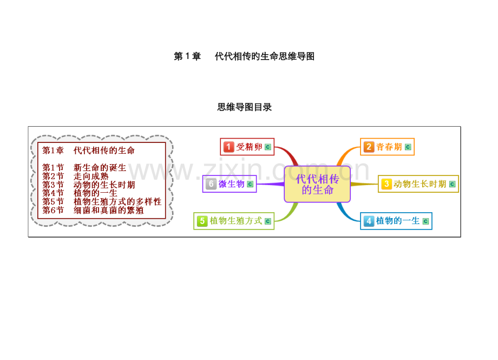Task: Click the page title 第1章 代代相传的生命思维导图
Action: (x=244, y=56)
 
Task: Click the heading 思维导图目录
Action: (x=245, y=107)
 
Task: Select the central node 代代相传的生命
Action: (x=317, y=184)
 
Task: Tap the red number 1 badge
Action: (x=228, y=147)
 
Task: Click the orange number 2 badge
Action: (x=369, y=147)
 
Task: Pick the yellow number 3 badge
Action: (x=386, y=184)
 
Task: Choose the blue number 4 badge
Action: (x=369, y=221)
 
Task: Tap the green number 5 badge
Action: (x=202, y=221)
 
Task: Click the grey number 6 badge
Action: (x=211, y=184)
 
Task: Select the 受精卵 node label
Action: (x=249, y=147)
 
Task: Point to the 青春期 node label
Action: (x=389, y=147)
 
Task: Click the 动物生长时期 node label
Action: (x=420, y=184)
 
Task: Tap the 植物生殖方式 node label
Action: (x=236, y=221)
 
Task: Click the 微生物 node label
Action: (x=232, y=184)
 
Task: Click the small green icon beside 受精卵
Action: (x=268, y=147)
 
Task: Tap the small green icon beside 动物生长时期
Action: (x=453, y=184)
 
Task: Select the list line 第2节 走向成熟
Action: (x=75, y=176)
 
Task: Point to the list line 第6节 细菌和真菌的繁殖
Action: (x=93, y=210)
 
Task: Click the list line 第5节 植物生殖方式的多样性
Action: (x=102, y=201)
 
